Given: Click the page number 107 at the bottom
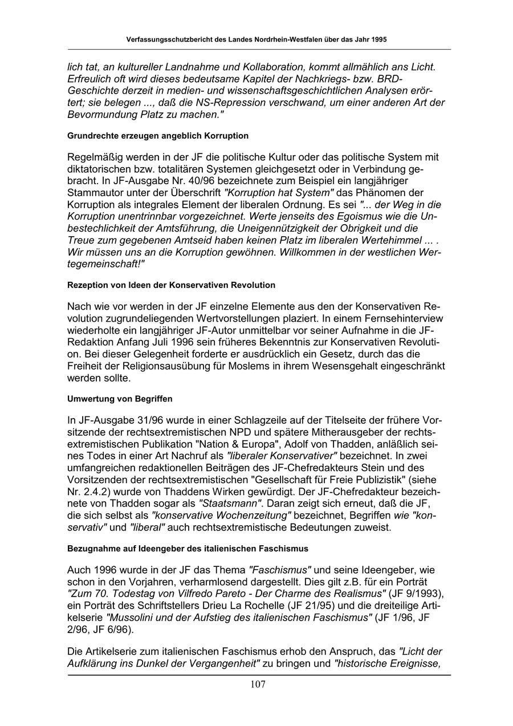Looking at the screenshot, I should pyautogui.click(x=258, y=684).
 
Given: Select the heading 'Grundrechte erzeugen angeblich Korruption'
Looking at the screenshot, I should pyautogui.click(x=158, y=136).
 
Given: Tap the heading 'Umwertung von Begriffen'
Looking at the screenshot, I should pyautogui.click(x=120, y=399).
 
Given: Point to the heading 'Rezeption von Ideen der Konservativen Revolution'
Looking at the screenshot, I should pyautogui.click(x=171, y=285).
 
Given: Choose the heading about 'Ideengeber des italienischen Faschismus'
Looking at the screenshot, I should pyautogui.click(x=188, y=549).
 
